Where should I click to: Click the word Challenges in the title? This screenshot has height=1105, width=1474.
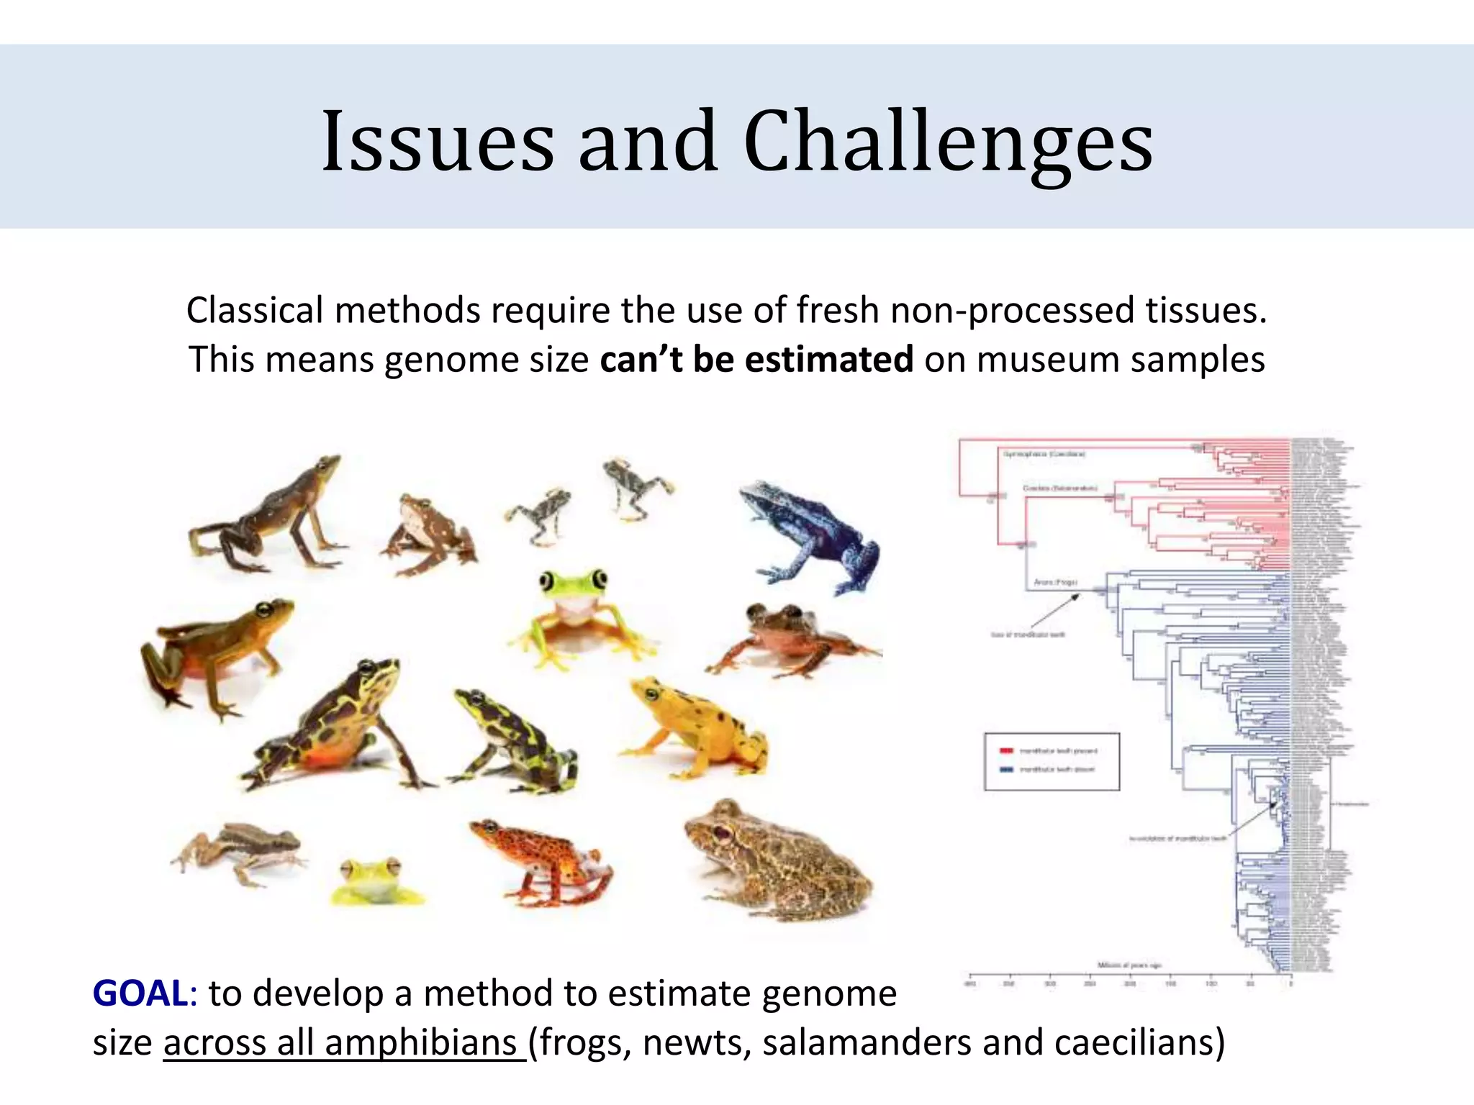click(948, 142)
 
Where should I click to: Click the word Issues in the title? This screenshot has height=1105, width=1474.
click(438, 142)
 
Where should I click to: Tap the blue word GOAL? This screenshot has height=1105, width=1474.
click(140, 993)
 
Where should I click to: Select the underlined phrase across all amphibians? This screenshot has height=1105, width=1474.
click(344, 1042)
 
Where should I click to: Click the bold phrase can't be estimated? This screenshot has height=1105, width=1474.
click(756, 359)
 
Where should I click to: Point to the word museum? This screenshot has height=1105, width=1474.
click(1047, 359)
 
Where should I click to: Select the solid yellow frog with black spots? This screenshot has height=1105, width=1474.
click(695, 727)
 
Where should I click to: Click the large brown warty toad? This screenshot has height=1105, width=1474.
click(781, 860)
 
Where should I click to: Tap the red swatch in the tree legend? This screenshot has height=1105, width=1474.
click(1006, 751)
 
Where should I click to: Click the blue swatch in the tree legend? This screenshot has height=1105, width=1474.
click(1006, 770)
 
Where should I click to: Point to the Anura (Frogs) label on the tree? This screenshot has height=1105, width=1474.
click(1055, 582)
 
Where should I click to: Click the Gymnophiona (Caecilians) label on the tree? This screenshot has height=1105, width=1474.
click(1044, 454)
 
